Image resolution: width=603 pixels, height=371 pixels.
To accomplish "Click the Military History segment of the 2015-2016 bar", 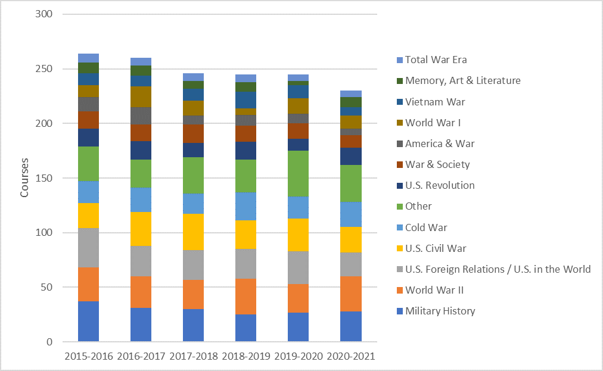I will pos(88,322).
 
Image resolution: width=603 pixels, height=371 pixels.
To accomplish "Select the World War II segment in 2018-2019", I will pos(245,296).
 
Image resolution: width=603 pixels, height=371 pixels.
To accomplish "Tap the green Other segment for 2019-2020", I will pos(299,173).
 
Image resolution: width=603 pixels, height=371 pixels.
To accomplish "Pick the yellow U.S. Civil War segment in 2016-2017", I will pos(141,229).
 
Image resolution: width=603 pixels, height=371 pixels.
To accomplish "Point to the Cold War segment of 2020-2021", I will pos(351,214).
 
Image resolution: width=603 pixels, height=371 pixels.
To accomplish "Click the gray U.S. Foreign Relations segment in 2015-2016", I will pos(88,248).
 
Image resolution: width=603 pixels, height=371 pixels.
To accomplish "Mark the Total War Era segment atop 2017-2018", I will pos(193,77).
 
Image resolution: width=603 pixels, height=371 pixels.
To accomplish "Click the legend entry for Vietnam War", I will pos(435,102).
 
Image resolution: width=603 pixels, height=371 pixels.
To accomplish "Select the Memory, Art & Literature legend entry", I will pos(462,80).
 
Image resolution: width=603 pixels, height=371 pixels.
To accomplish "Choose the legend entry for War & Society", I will pos(437,164).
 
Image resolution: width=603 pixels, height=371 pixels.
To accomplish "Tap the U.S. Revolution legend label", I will pos(440,185).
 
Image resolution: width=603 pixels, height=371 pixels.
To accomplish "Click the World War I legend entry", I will pos(433,123).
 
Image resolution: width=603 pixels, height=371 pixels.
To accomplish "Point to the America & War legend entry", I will pos(440,144).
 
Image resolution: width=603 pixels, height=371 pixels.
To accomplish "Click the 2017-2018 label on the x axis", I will pos(193,356).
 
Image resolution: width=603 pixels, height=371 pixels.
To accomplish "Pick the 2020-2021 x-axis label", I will pos(351,356).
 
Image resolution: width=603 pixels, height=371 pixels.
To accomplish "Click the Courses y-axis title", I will pos(25,178).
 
